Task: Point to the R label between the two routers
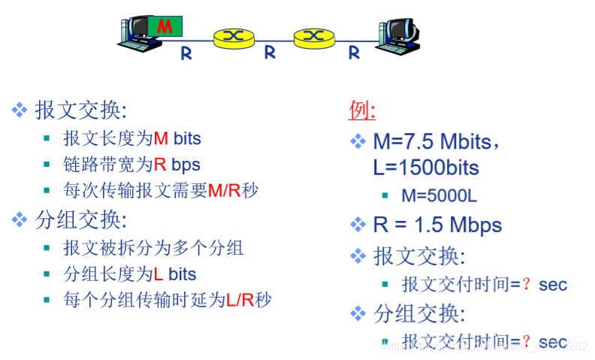pyautogui.click(x=270, y=53)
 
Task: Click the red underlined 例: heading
pyautogui.click(x=362, y=110)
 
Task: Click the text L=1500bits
pyautogui.click(x=426, y=167)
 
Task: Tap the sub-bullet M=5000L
pyautogui.click(x=439, y=195)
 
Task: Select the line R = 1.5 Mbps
pyautogui.click(x=437, y=225)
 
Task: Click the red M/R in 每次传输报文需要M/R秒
pyautogui.click(x=224, y=190)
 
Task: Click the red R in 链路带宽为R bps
pyautogui.click(x=161, y=164)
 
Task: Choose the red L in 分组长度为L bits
pyautogui.click(x=159, y=274)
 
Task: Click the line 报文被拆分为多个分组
pyautogui.click(x=153, y=248)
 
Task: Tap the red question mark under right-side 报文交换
pyautogui.click(x=527, y=284)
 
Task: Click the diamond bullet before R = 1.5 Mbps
pyautogui.click(x=358, y=224)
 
